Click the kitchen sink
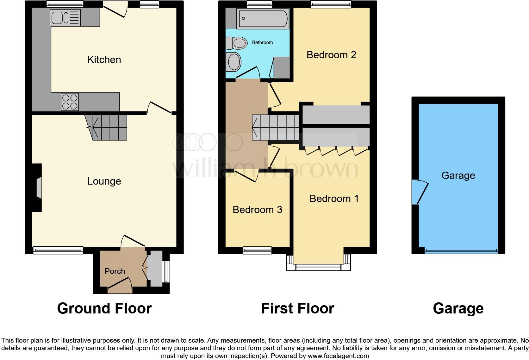click(65, 17)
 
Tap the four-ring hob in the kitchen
click(70, 102)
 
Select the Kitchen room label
click(104, 60)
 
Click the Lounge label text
click(104, 181)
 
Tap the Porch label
click(115, 271)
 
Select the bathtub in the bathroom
click(263, 18)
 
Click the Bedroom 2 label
click(331, 55)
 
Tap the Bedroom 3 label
click(257, 210)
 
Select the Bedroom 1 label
click(334, 199)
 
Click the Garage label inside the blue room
click(458, 175)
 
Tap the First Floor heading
click(297, 308)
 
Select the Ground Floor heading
click(104, 308)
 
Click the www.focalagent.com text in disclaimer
click(338, 356)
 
